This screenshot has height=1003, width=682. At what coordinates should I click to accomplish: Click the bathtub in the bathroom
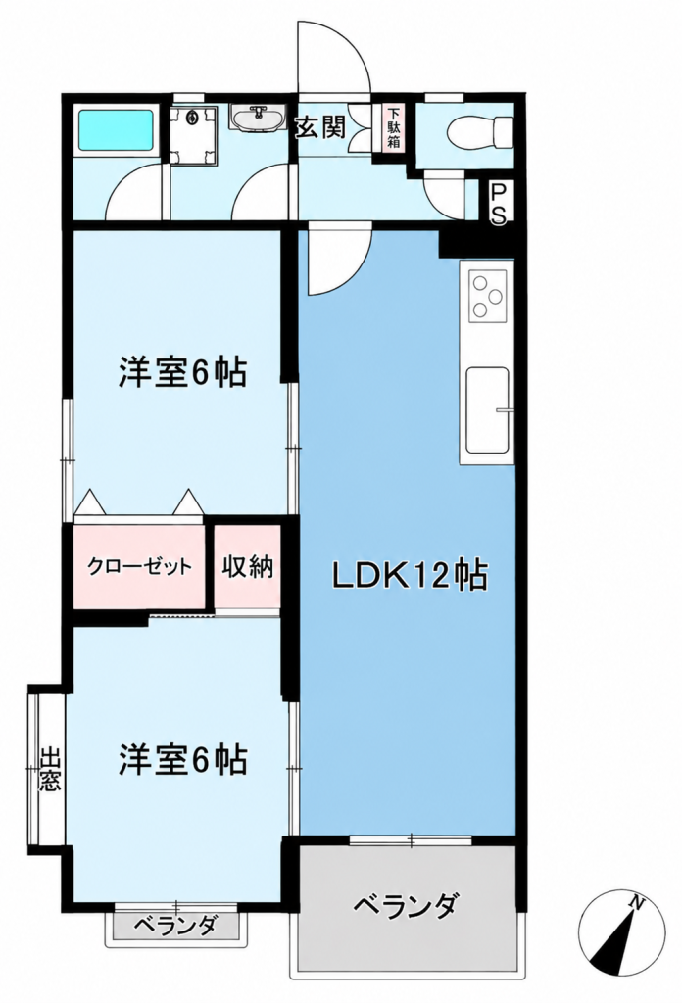(x=116, y=130)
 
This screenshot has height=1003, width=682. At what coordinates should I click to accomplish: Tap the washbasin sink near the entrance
(x=258, y=119)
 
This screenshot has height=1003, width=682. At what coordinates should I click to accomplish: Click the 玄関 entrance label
(x=319, y=127)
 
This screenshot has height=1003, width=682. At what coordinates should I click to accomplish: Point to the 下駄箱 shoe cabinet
(x=394, y=127)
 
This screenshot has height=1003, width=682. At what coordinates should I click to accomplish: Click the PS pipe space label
(x=499, y=204)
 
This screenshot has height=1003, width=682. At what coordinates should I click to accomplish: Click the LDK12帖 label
(x=410, y=576)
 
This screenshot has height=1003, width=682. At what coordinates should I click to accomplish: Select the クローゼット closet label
(x=139, y=567)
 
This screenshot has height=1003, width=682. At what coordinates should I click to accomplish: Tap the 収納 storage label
(x=248, y=567)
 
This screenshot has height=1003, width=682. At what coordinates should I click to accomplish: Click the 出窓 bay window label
(x=50, y=770)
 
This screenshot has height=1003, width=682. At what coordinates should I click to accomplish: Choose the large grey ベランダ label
(x=407, y=905)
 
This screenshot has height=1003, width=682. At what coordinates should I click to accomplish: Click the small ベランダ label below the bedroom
(x=176, y=925)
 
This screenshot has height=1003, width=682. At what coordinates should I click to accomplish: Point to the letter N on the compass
(x=636, y=902)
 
